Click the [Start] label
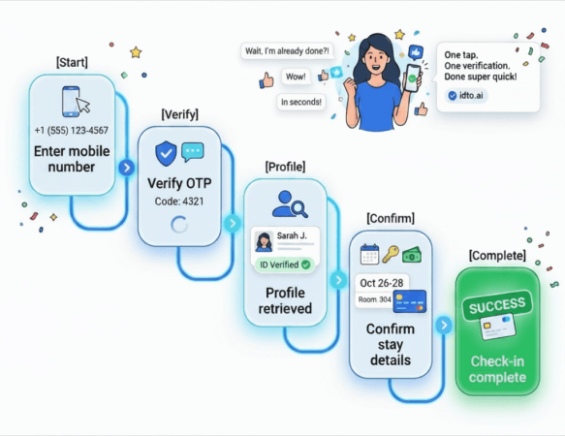[72, 62]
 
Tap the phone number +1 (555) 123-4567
[72, 130]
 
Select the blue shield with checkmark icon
[166, 153]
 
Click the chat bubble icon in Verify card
[193, 152]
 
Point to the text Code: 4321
[179, 202]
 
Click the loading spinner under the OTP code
[179, 225]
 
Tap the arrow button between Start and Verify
[127, 168]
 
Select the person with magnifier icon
[290, 204]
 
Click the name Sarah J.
[292, 235]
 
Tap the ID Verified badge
[285, 265]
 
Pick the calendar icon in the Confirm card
[369, 254]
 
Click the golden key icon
[391, 254]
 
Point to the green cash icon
[412, 255]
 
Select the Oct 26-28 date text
[382, 283]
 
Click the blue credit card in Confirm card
[410, 301]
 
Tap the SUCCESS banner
[497, 305]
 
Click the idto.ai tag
[466, 96]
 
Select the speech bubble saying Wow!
[296, 77]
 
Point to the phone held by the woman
[412, 78]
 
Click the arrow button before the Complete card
[444, 325]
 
